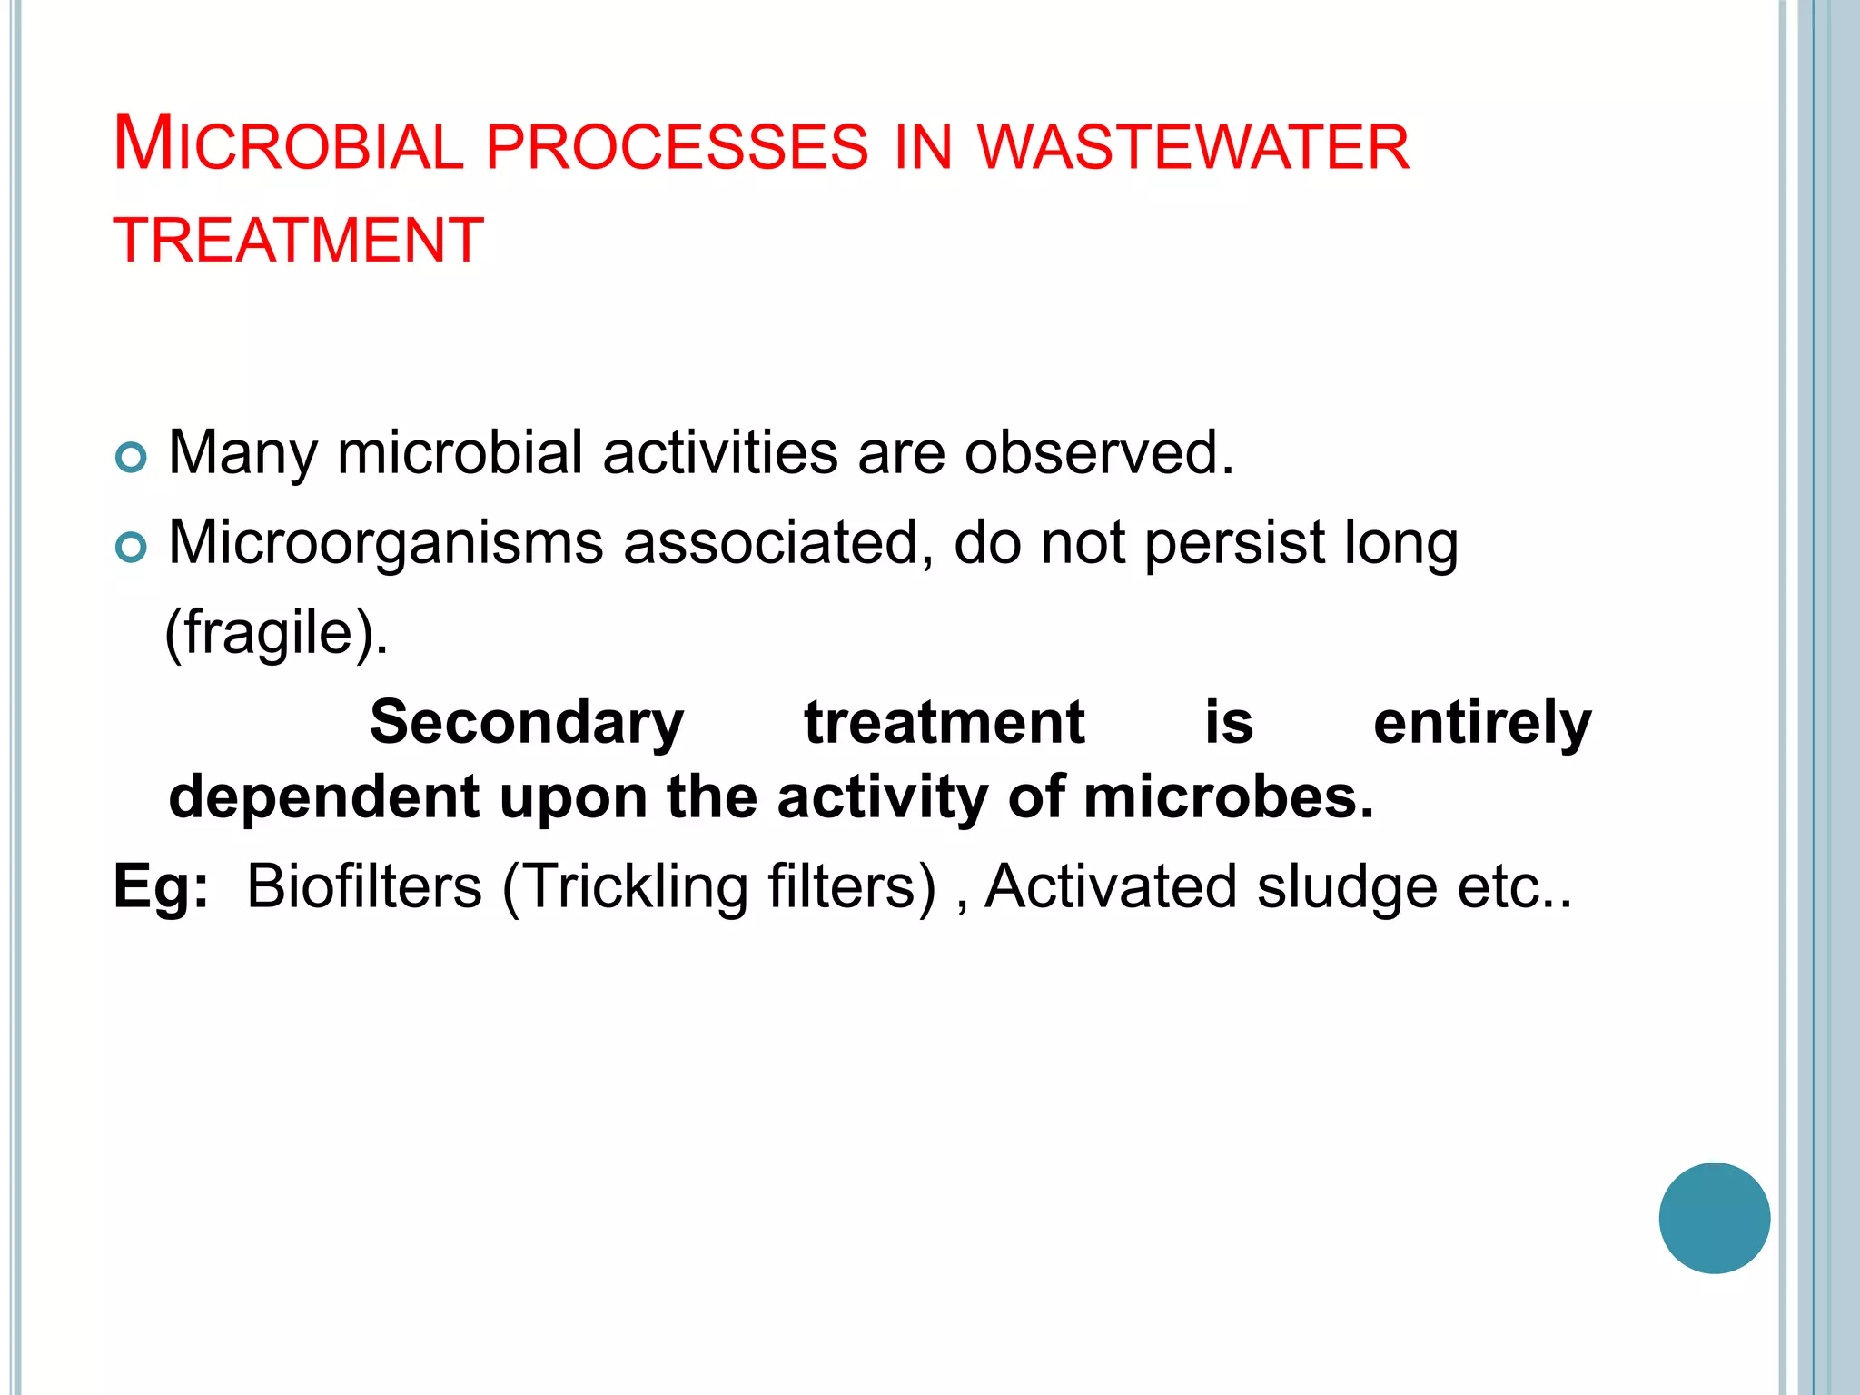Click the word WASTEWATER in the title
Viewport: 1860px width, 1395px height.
point(1193,147)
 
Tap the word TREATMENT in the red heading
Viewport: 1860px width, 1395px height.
point(299,241)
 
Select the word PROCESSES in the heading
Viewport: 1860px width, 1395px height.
point(678,147)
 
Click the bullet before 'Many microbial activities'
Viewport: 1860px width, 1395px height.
point(131,458)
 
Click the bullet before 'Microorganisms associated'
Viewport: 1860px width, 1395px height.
point(131,548)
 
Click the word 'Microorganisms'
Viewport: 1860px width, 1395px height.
point(386,543)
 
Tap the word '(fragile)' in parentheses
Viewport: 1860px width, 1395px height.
point(276,633)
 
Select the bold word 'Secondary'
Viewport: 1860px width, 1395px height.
point(527,723)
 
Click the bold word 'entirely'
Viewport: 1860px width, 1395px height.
point(1482,723)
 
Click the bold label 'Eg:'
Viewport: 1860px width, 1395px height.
point(161,885)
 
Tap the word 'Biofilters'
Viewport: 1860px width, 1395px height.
point(364,885)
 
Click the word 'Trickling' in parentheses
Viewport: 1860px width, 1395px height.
point(636,886)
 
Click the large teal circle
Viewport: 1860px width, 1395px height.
point(1714,1218)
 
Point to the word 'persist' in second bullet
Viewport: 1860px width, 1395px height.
point(1234,543)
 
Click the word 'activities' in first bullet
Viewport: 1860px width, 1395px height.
point(720,452)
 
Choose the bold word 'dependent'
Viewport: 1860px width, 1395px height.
point(323,796)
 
